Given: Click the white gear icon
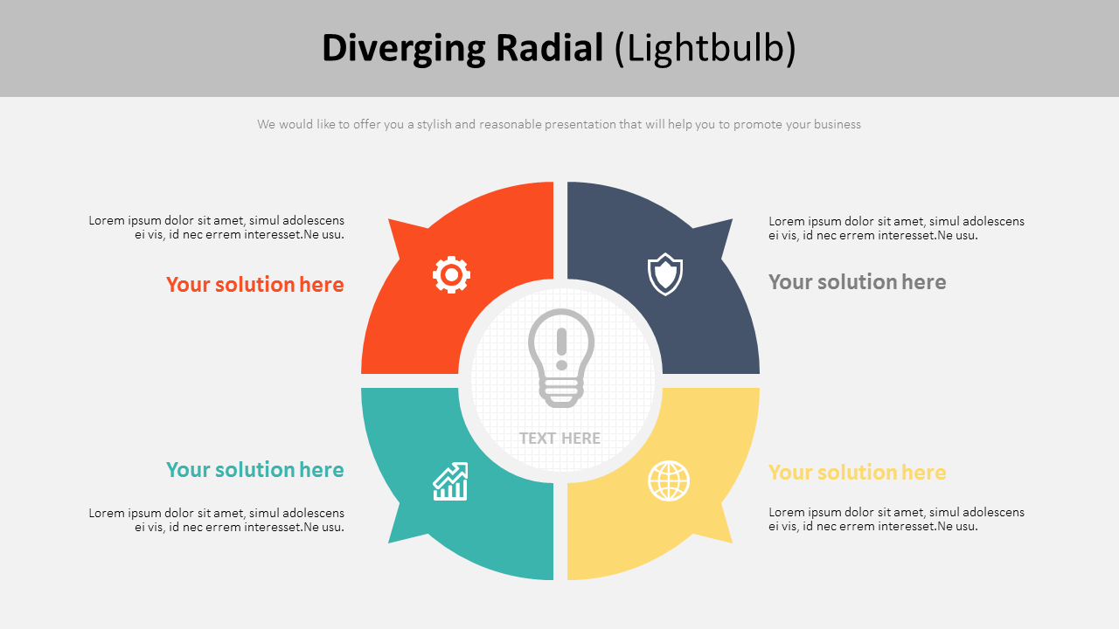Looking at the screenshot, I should pos(451,274).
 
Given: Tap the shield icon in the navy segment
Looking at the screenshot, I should pos(665,274).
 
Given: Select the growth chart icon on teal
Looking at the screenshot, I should pos(450,481).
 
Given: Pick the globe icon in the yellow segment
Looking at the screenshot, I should pos(669,480).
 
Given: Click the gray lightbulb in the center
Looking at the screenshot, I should pos(560,357).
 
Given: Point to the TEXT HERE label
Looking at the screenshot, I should pos(559,439).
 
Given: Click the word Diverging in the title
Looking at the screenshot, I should pos(403,48).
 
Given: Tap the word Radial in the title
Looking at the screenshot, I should pos(550,48).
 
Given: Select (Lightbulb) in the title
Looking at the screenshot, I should pos(705,48).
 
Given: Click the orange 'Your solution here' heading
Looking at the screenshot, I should pos(255,285).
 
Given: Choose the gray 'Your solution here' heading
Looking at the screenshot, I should pos(857,282).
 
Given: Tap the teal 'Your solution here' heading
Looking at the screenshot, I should pos(255,470).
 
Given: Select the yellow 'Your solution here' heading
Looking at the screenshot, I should pos(857,473).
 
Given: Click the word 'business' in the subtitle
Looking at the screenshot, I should pos(837,124).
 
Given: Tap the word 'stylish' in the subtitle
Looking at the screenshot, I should pos(434,124).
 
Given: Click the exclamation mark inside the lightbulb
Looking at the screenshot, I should pos(561,348).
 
